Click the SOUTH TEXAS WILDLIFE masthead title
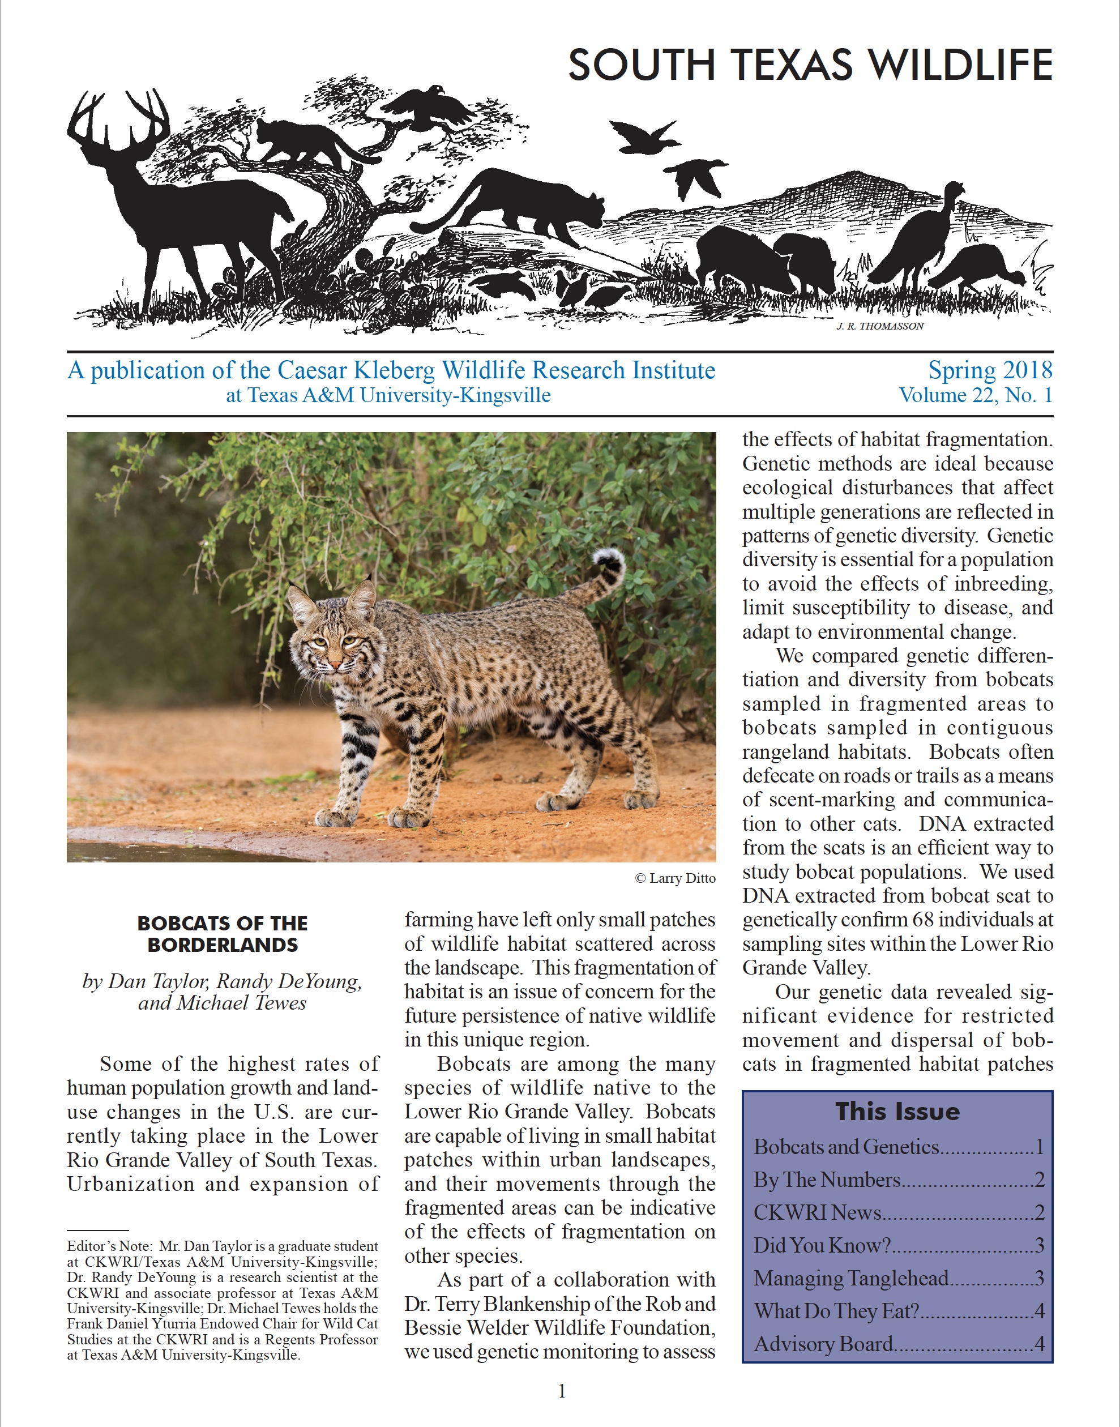810,65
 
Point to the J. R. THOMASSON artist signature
880,326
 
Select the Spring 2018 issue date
990,370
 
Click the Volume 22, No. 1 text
975,395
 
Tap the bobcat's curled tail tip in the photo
608,561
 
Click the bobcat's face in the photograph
335,646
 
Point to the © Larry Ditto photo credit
675,878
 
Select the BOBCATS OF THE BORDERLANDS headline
223,934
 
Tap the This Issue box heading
897,1112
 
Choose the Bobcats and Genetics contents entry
847,1146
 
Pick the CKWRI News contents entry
817,1212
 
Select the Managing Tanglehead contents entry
851,1278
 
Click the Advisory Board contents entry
824,1344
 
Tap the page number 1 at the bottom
561,1391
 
